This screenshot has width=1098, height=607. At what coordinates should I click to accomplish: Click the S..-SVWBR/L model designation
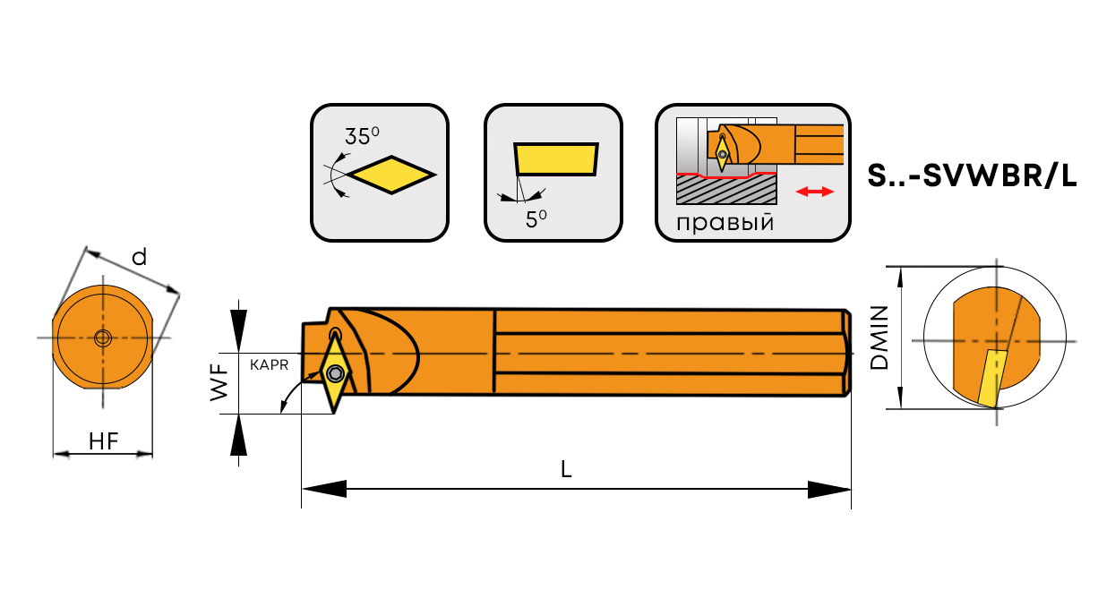(x=972, y=176)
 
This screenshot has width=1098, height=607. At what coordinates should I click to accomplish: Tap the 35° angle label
(x=362, y=137)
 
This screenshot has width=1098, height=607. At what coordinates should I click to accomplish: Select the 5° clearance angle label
(x=536, y=218)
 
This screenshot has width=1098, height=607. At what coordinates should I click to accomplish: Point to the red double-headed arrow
(x=815, y=192)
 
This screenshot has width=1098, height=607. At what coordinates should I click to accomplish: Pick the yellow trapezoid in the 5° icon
(x=555, y=158)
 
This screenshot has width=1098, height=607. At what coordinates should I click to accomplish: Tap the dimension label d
(x=139, y=258)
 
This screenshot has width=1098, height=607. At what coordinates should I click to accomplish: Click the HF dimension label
(x=104, y=440)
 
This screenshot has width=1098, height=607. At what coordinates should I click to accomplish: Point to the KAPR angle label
(x=269, y=365)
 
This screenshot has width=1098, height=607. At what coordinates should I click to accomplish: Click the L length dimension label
(x=566, y=469)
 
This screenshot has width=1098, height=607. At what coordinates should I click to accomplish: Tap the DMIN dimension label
(x=879, y=338)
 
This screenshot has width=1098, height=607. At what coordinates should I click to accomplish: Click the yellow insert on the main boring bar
(x=336, y=380)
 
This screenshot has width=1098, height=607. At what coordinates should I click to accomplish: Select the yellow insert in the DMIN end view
(x=990, y=379)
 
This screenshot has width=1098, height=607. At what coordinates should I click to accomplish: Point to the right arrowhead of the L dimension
(x=828, y=489)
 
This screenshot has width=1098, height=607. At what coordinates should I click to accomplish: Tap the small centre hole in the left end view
(x=102, y=338)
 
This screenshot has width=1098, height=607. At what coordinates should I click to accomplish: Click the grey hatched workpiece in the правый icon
(x=725, y=190)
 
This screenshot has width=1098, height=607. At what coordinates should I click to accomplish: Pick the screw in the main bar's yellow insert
(x=336, y=372)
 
